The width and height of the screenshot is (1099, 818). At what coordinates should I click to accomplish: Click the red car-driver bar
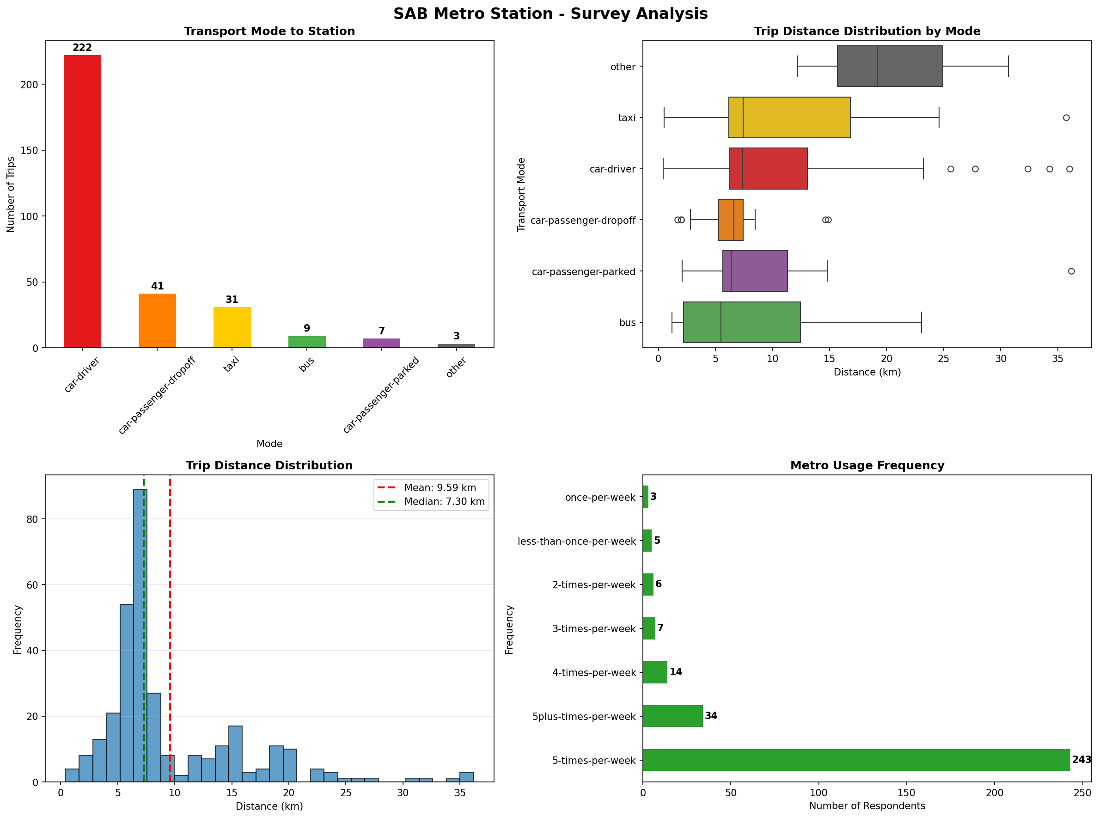(82, 201)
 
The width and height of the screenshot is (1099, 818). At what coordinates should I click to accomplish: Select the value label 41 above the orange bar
(157, 286)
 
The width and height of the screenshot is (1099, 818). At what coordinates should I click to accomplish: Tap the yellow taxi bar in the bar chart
(232, 327)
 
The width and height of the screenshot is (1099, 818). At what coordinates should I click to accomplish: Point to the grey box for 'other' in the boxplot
(889, 66)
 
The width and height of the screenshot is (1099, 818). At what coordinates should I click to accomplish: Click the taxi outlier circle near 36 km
(1066, 118)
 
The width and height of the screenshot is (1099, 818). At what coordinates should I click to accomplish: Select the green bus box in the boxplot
(741, 322)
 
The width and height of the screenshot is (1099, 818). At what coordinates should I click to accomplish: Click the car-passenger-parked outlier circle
(1071, 271)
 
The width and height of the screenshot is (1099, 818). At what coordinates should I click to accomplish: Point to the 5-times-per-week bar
(855, 760)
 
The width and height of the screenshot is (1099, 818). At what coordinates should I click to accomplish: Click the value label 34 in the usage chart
(711, 716)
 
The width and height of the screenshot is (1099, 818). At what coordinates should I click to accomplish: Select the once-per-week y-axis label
(600, 497)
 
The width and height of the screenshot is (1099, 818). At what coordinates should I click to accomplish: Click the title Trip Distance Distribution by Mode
(867, 31)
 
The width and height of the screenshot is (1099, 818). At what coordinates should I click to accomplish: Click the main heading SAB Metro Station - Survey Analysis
(550, 13)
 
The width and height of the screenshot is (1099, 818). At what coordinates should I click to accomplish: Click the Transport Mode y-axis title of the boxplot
(520, 194)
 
